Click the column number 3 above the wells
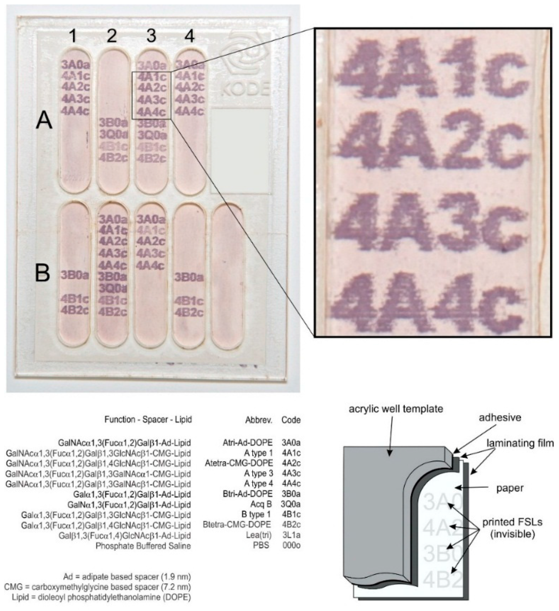coord(151,36)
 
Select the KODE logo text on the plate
coord(245,89)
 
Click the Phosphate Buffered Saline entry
coord(143,546)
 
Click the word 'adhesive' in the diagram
coord(500,418)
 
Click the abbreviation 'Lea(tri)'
coord(262,536)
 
